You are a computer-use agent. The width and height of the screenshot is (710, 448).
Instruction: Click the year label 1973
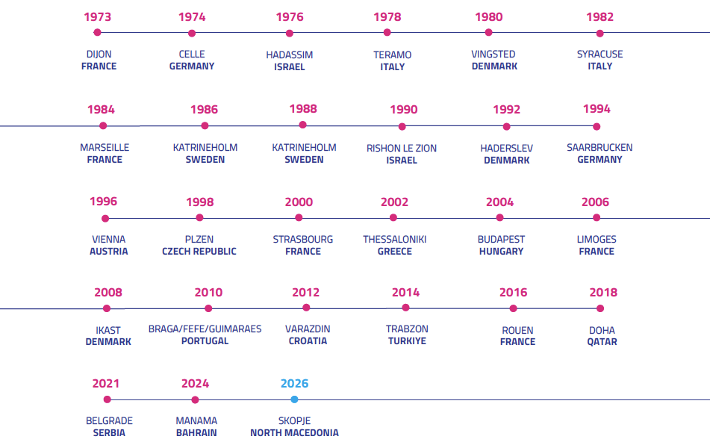pos(98,16)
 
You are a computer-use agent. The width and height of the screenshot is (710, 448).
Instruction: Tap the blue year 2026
pos(294,384)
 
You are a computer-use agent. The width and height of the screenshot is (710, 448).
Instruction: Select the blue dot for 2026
pos(294,399)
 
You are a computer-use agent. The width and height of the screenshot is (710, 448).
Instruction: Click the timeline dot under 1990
pos(402,126)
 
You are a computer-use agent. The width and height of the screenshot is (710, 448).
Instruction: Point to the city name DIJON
pos(99,55)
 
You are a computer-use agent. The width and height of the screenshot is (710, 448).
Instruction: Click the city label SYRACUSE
pos(600,55)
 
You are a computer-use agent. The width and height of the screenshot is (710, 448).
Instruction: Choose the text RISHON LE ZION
pos(402,149)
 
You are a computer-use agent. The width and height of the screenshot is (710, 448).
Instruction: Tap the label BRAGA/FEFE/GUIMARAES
pos(205,329)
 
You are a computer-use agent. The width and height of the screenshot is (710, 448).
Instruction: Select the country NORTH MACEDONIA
pos(294,433)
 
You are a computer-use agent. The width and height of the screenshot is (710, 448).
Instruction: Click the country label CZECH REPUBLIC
pos(199,252)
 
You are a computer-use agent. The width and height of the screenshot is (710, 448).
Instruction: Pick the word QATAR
pos(602,342)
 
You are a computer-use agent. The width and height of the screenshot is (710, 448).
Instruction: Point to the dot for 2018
pos(600,308)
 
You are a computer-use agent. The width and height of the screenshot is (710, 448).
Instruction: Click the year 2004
pos(499,202)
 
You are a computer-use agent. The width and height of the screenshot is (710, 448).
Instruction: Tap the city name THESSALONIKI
pos(394,240)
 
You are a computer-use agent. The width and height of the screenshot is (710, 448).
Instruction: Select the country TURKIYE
pos(407,341)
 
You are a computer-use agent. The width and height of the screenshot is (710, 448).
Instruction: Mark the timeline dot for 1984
pos(103,126)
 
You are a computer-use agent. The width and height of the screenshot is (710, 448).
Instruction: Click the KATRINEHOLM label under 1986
pos(205,148)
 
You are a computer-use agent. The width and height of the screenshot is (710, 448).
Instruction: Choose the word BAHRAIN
pos(196,433)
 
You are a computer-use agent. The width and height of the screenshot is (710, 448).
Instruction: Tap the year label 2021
pos(106,384)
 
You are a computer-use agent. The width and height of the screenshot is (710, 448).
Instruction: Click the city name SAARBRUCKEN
pos(600,148)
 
